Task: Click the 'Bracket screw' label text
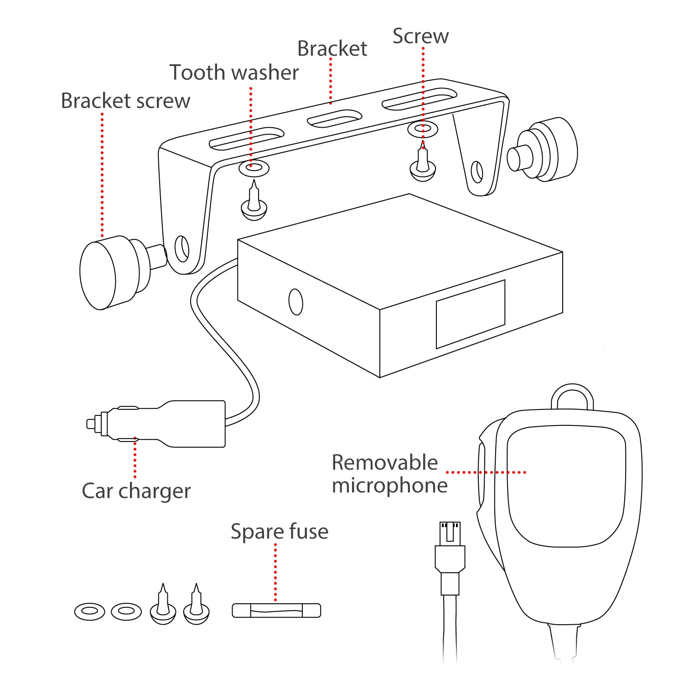[x=125, y=101]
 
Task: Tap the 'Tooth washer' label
[x=234, y=73]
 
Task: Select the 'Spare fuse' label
[x=279, y=532]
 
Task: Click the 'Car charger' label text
[x=136, y=491]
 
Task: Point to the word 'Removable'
[x=384, y=462]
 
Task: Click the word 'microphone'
[x=389, y=485]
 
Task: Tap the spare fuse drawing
[x=276, y=611]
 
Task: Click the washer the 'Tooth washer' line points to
[x=254, y=168]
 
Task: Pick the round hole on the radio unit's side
[x=296, y=302]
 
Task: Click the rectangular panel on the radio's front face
[x=470, y=314]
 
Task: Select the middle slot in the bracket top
[x=334, y=119]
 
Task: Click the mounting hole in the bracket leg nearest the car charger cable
[x=182, y=249]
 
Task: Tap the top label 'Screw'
[x=420, y=36]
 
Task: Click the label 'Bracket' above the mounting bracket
[x=332, y=49]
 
